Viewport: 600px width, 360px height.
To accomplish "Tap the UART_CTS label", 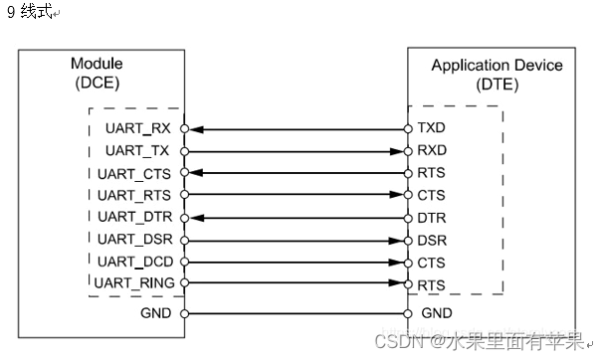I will (x=134, y=173).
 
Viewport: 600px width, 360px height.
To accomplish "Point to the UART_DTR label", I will (x=134, y=217).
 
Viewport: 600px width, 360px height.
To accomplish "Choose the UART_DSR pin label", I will (x=134, y=240).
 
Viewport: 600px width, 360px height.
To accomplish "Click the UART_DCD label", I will (x=134, y=262).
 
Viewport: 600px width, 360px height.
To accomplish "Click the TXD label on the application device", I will (x=432, y=129).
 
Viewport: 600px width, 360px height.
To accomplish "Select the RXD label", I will (x=432, y=151).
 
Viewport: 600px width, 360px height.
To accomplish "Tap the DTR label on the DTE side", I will (x=432, y=217).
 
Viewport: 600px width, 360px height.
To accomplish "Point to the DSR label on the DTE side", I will (x=432, y=240).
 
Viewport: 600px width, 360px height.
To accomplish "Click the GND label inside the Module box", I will (x=156, y=313).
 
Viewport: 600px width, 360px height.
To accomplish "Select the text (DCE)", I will (x=97, y=84).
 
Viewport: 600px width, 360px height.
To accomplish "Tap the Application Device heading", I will (x=497, y=67).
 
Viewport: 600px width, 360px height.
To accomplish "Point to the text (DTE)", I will (x=497, y=85).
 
